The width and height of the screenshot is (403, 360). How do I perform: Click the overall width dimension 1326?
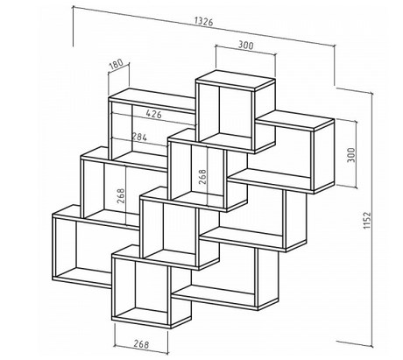click(x=204, y=21)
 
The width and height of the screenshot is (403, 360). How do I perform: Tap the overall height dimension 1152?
click(x=367, y=221)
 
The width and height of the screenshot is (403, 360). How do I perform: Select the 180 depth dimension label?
click(x=116, y=65)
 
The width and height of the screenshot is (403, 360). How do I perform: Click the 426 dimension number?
click(x=153, y=114)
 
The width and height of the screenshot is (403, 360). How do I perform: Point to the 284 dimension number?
click(x=139, y=137)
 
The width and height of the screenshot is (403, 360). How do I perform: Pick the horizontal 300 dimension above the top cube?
click(x=246, y=45)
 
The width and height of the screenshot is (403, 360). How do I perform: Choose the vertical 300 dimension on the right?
click(x=352, y=155)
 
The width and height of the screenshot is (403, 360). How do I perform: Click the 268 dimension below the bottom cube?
click(x=141, y=344)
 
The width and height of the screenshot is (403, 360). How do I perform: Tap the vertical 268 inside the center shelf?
click(x=202, y=177)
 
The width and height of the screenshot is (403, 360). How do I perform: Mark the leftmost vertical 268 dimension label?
click(x=120, y=196)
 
